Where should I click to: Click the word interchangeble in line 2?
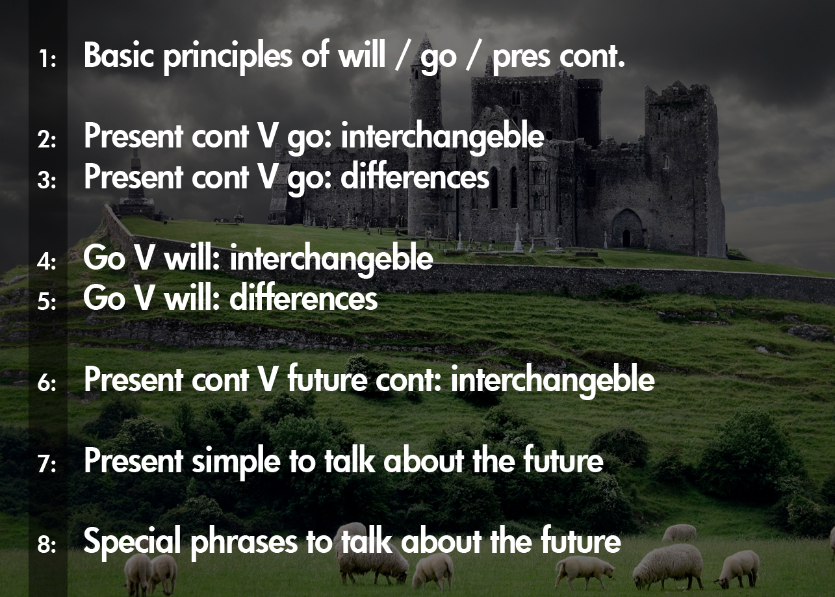pyautogui.click(x=443, y=138)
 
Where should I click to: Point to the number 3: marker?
pyautogui.click(x=47, y=181)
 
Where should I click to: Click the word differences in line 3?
pyautogui.click(x=415, y=177)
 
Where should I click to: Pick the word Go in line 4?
pyautogui.click(x=104, y=259)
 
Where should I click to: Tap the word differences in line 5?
pyautogui.click(x=303, y=299)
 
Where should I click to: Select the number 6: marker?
pyautogui.click(x=47, y=384)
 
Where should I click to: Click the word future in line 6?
pyautogui.click(x=328, y=380)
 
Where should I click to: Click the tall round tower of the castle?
pyautogui.click(x=425, y=130)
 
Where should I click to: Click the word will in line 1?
pyautogui.click(x=360, y=57)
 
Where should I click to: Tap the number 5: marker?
pyautogui.click(x=47, y=303)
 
